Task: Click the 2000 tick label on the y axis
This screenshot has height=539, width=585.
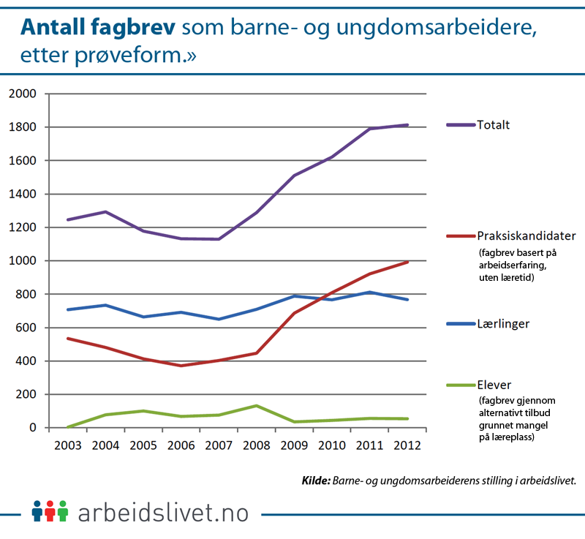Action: pos(21,94)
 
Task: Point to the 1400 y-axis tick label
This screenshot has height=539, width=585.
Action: pos(21,194)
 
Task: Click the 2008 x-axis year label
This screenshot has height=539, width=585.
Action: pos(256,445)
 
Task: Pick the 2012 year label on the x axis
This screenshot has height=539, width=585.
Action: pos(407,445)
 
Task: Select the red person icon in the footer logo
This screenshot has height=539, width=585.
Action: pos(50,510)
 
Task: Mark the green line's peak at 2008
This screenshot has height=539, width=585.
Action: pos(256,406)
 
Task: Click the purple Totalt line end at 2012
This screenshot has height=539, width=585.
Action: pos(407,125)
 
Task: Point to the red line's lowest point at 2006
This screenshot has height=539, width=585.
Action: pos(181,366)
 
